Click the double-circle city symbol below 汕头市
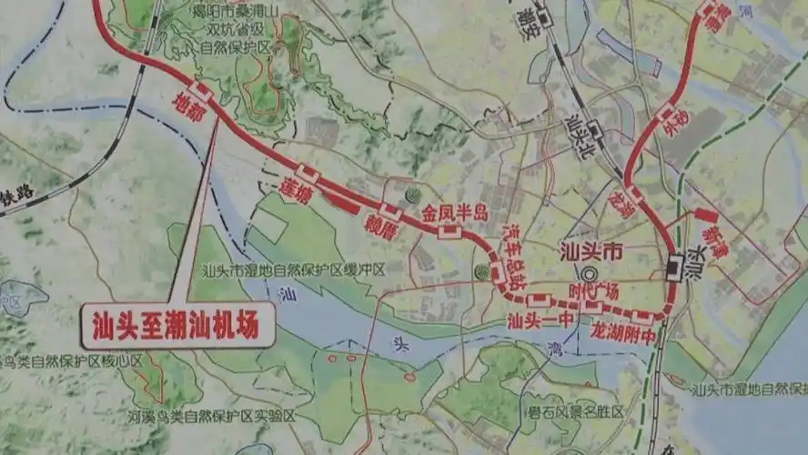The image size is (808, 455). (x=592, y=273)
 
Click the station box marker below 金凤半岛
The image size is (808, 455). (x=449, y=233)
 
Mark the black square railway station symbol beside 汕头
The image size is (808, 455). (x=675, y=265)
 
